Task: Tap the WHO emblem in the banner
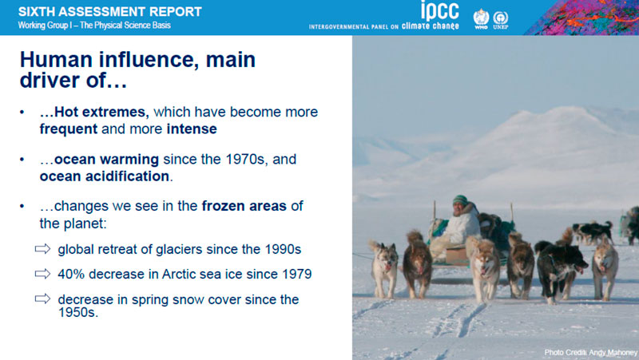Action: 481,18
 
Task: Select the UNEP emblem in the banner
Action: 501,20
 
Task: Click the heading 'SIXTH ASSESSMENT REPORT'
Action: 110,11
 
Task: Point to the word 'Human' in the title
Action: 56,59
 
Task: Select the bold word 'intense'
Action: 192,129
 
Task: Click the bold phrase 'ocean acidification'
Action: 105,176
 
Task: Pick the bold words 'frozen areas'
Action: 244,206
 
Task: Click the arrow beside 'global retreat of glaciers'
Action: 43,248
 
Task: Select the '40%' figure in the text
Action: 71,274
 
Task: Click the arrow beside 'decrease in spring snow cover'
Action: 43,299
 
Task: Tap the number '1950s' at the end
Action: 77,312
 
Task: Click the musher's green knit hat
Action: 460,200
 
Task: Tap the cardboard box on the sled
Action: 456,255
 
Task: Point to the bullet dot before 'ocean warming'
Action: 22,159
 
